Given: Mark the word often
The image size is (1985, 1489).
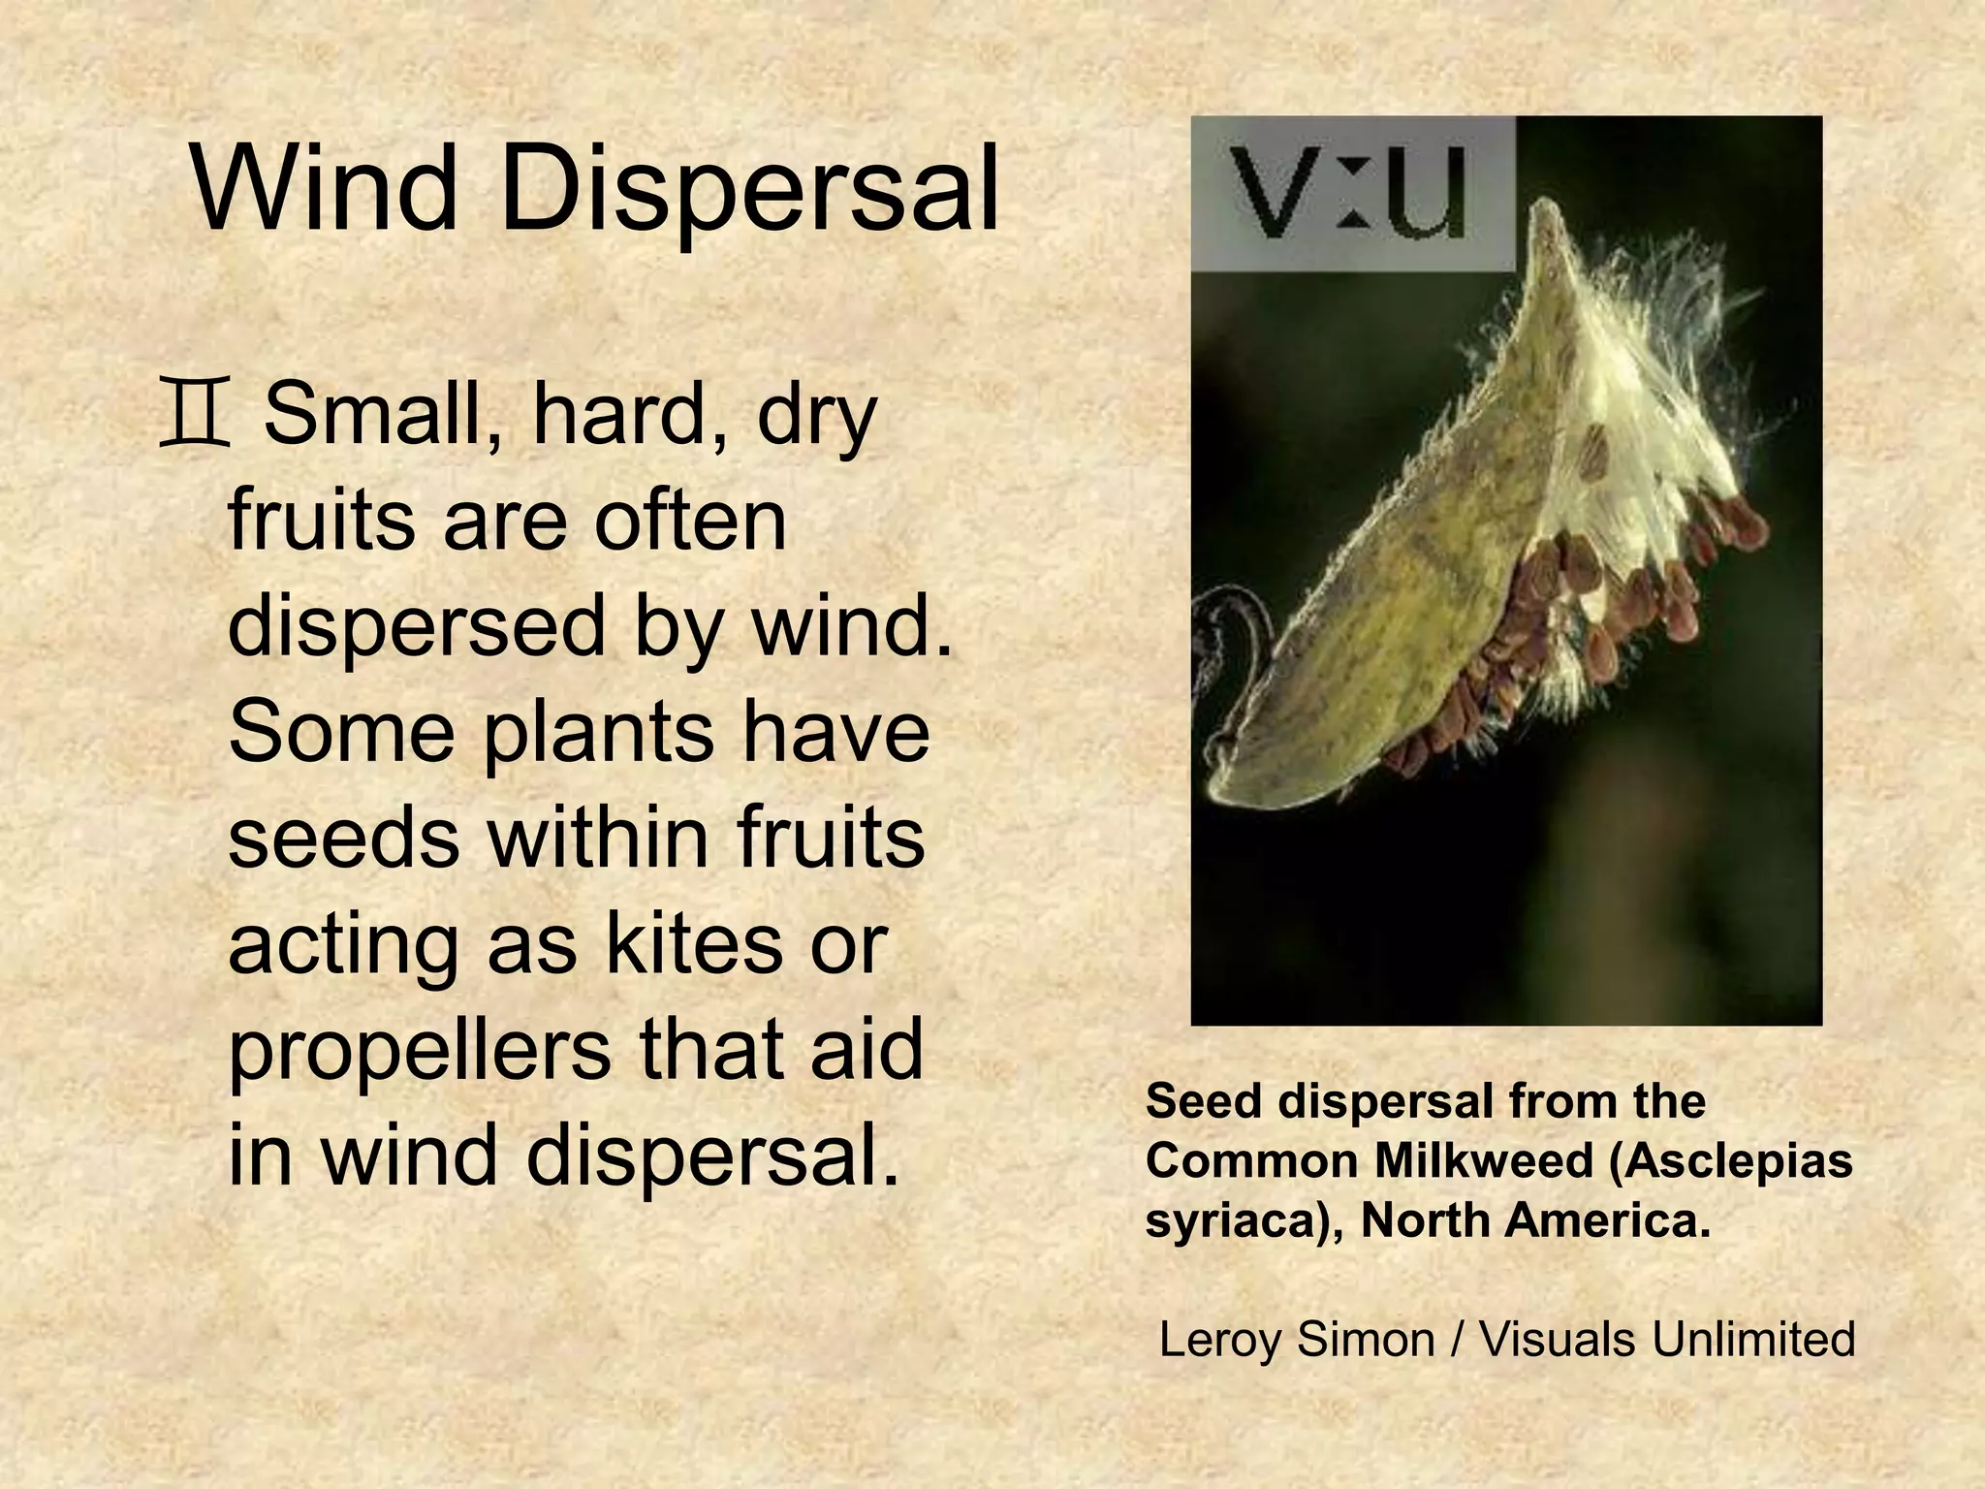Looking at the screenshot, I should coord(689,521).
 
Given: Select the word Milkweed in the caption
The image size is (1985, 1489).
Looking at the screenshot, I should coord(1482,1161).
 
